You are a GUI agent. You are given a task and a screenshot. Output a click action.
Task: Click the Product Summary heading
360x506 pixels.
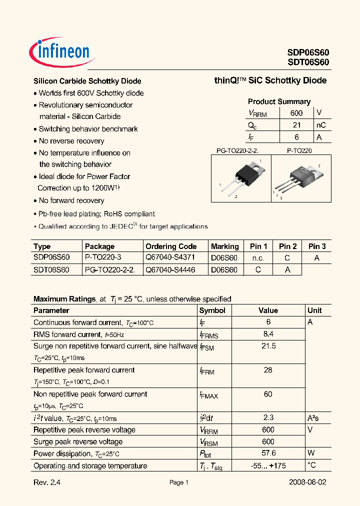(x=279, y=101)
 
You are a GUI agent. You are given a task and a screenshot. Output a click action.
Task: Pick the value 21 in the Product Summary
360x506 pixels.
(x=296, y=125)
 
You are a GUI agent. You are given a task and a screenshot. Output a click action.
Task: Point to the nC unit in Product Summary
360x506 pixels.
(x=321, y=125)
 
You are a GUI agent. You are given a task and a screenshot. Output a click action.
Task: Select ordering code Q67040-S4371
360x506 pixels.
(x=170, y=258)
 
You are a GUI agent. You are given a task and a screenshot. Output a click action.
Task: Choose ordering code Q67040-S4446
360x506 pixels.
(x=170, y=269)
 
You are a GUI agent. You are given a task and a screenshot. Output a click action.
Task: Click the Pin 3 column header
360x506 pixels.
(x=317, y=246)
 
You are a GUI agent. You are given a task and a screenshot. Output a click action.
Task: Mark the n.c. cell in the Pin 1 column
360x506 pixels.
(x=258, y=258)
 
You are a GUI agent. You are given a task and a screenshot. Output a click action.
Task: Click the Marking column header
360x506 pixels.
(x=225, y=246)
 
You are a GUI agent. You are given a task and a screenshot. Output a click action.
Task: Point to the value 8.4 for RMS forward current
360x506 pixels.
(x=268, y=334)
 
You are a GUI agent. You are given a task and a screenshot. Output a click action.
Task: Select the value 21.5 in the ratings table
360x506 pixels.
(x=268, y=346)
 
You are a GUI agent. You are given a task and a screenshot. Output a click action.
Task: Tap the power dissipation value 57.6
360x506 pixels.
(x=268, y=453)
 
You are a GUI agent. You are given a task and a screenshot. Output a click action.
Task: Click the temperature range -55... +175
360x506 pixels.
(x=268, y=465)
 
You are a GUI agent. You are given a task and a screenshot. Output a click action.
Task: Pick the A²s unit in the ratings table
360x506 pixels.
(x=313, y=418)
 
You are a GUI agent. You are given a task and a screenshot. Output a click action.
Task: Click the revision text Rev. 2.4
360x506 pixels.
(x=50, y=482)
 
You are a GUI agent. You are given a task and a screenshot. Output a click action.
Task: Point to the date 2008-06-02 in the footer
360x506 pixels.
(x=308, y=482)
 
